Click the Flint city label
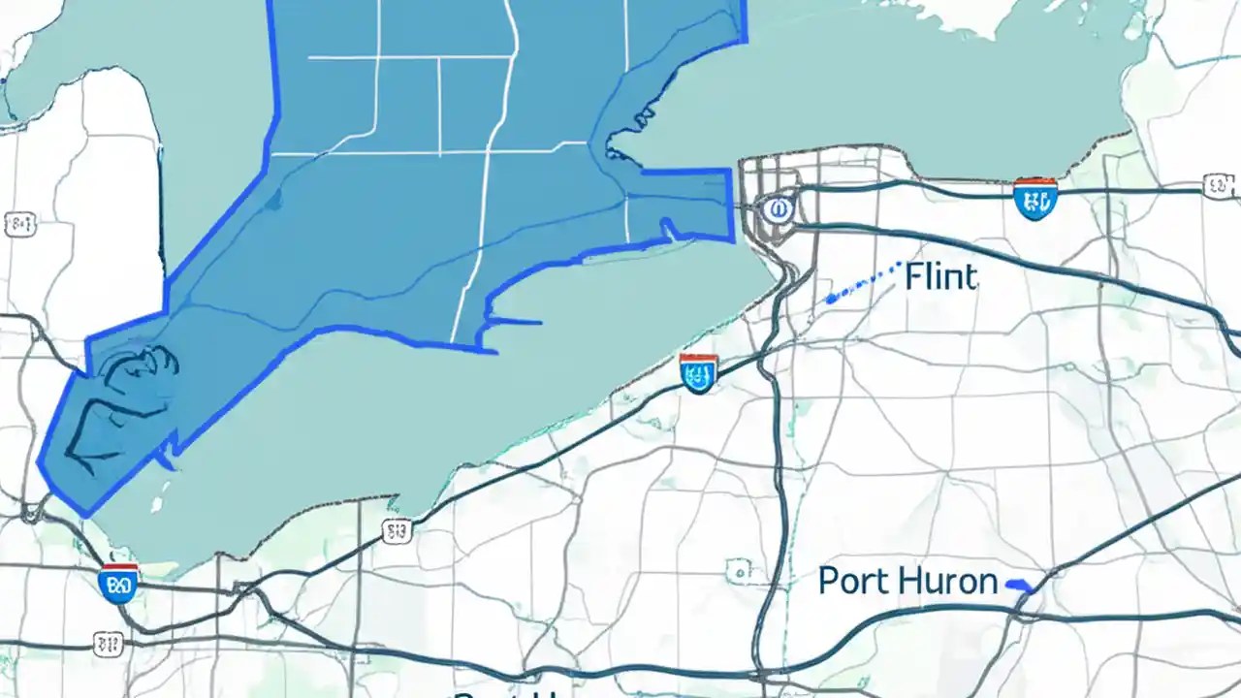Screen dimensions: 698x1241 point(940,277)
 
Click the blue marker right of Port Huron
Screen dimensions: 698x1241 point(1021,586)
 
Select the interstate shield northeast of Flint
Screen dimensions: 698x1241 point(1034,199)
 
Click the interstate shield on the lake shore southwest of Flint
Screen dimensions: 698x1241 point(699,372)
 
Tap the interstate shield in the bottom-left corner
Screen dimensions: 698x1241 point(117,583)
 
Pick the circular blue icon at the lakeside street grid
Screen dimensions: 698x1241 point(776,208)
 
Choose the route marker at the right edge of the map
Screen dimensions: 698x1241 point(1218,185)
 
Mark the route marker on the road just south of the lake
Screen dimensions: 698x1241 point(396,530)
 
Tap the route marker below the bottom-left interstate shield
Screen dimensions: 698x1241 point(109,642)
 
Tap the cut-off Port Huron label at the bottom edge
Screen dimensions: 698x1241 point(509,692)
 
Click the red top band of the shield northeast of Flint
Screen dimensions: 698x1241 point(1034,182)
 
